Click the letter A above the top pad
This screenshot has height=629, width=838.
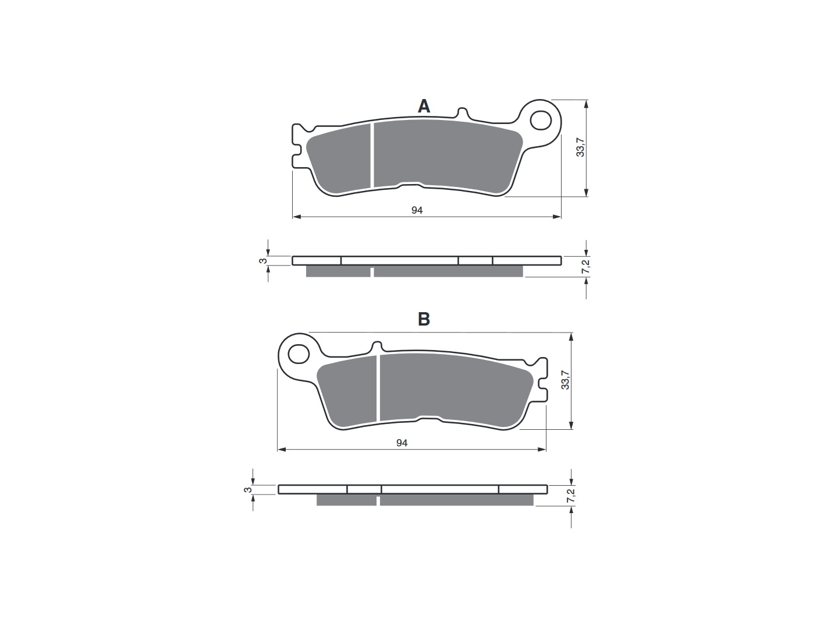coord(424,106)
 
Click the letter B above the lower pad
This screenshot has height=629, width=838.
coord(424,319)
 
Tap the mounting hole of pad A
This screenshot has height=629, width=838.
coord(541,121)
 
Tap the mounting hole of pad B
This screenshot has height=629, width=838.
coord(298,354)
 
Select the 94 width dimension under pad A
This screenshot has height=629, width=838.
coord(417,210)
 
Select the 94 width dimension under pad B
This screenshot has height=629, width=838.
coord(402,443)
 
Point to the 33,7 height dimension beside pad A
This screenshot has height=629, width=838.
coord(580,147)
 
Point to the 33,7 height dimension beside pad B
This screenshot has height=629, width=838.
coord(565,380)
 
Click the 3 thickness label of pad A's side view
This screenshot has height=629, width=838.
coord(262,261)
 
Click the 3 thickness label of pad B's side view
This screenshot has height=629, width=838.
coord(247,490)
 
